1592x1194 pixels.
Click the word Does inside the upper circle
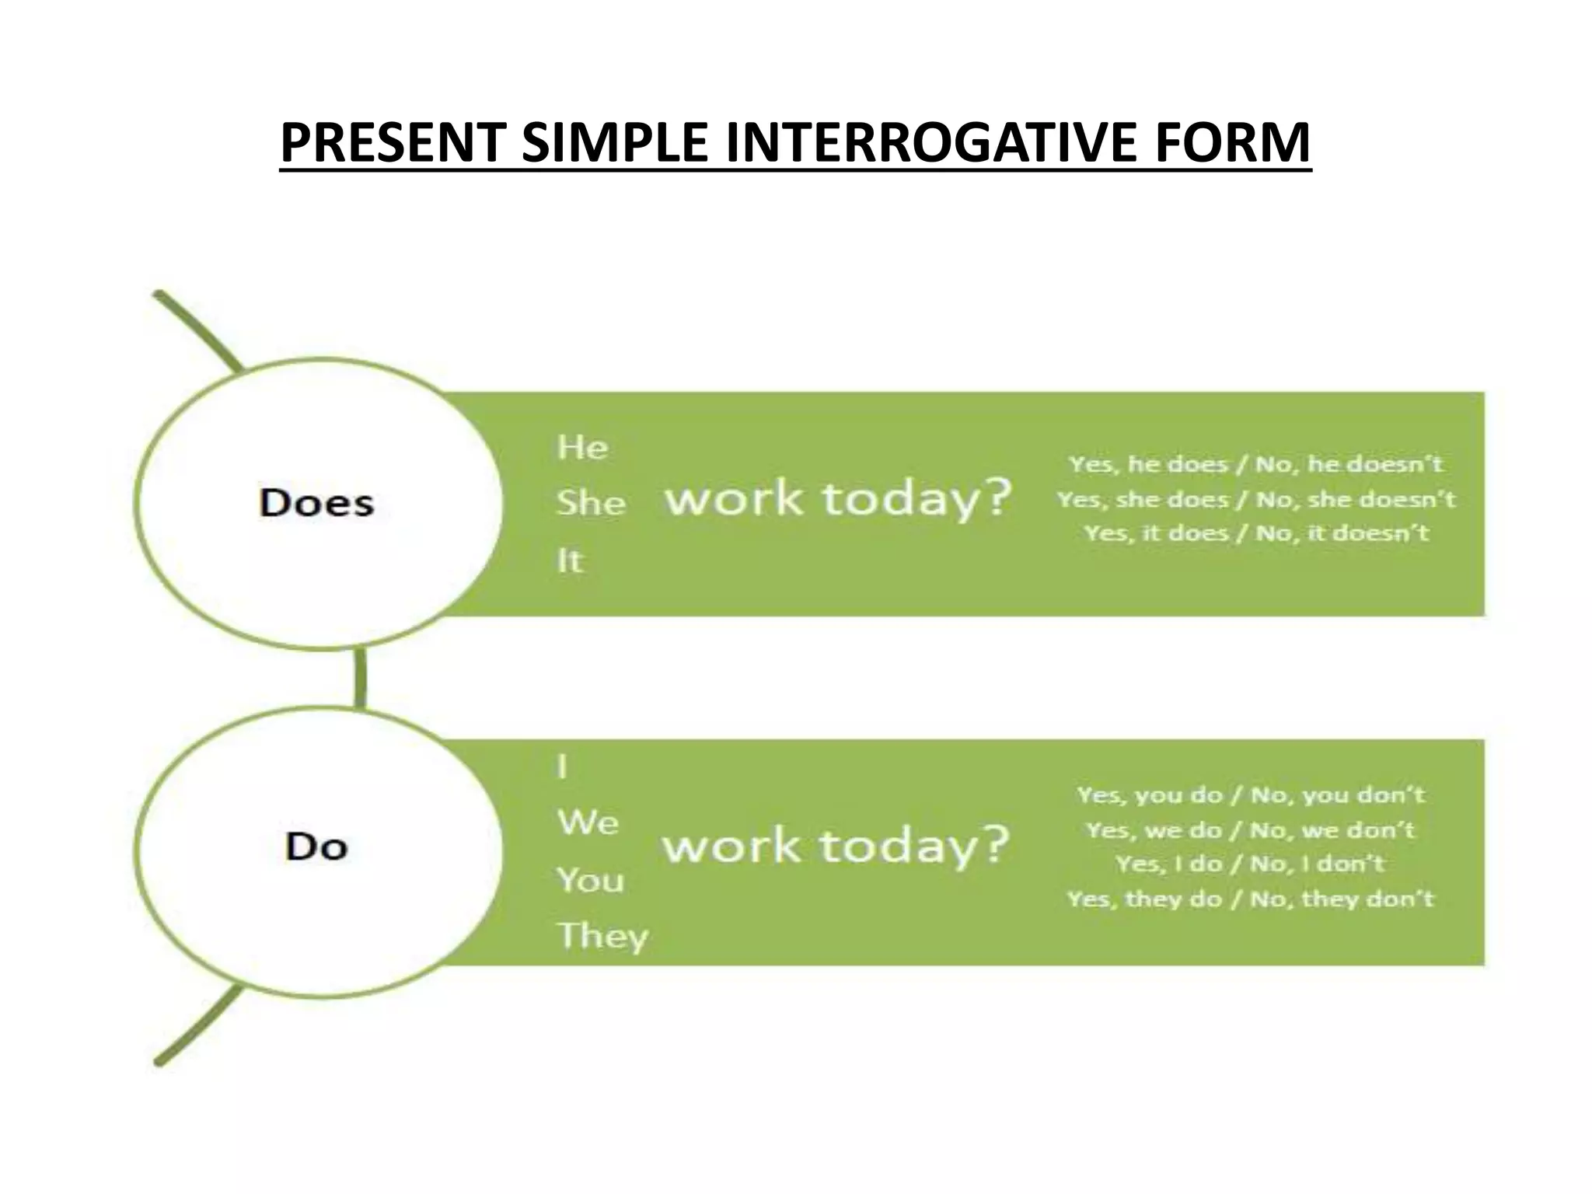click(x=316, y=503)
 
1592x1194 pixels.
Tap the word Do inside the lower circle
click(x=316, y=847)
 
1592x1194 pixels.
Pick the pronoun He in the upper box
click(x=582, y=448)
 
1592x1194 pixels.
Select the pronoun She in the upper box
click(x=591, y=504)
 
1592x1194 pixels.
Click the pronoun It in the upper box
click(x=569, y=560)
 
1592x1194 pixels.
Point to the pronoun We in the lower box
click(x=588, y=822)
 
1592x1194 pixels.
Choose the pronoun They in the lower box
click(x=602, y=936)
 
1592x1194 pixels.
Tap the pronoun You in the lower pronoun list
click(x=590, y=880)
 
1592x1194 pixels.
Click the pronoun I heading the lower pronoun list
click(x=563, y=767)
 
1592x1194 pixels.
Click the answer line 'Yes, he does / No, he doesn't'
click(x=1255, y=464)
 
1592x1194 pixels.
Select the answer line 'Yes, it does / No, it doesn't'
click(x=1256, y=533)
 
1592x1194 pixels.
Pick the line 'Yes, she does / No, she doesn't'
click(x=1255, y=499)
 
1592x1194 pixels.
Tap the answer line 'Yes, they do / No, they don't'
click(x=1250, y=899)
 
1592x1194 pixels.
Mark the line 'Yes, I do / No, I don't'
click(x=1250, y=864)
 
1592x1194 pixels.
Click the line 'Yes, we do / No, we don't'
click(x=1250, y=830)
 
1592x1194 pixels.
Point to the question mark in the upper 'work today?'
click(x=992, y=497)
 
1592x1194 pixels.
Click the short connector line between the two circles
click(x=360, y=678)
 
